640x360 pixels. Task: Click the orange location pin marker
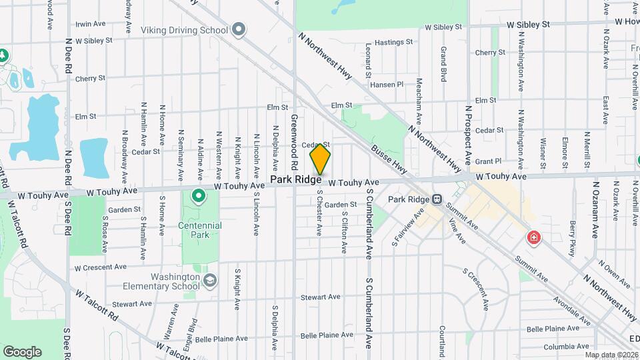point(321,159)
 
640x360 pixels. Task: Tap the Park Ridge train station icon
point(437,199)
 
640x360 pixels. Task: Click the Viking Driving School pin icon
point(240,30)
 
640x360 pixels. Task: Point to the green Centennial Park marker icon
point(198,197)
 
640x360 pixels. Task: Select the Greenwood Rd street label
point(293,141)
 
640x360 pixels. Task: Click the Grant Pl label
point(488,161)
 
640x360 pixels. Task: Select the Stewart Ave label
point(320,297)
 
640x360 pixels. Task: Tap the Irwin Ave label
point(91,24)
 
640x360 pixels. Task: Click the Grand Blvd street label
point(443,63)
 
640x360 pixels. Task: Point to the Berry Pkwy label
point(572,239)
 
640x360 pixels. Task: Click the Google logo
point(22,352)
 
